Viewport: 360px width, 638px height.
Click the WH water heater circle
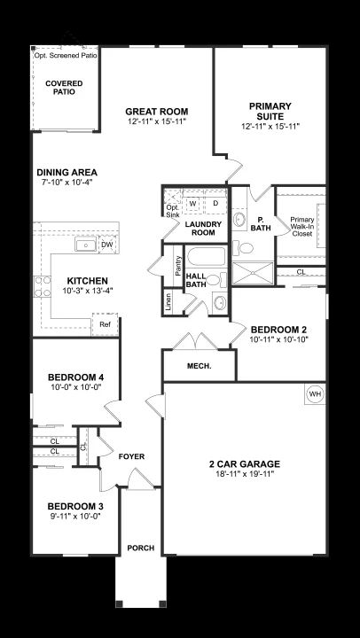315,393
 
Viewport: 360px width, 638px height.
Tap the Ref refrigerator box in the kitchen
105,324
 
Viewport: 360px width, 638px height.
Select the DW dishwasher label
106,245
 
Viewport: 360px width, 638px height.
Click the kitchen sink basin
85,245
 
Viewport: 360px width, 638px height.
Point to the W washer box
193,203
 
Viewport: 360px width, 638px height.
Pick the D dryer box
215,203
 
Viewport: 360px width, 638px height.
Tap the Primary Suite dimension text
270,126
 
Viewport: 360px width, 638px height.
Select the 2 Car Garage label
245,463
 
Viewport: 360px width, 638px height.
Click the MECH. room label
200,366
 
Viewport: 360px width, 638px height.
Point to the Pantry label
178,266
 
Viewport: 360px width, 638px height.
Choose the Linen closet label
168,301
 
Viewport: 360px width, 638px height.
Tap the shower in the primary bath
253,273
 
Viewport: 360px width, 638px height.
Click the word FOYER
131,456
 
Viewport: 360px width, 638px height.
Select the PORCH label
141,549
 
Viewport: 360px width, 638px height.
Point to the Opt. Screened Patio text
66,55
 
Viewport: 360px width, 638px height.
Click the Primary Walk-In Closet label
302,226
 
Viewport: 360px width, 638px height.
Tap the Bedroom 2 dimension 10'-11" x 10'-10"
278,338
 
